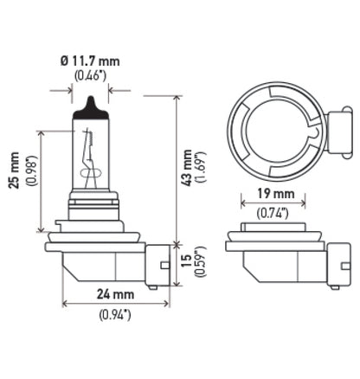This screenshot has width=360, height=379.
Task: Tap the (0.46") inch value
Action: (x=91, y=77)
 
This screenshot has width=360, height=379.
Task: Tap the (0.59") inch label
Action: (x=202, y=261)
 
